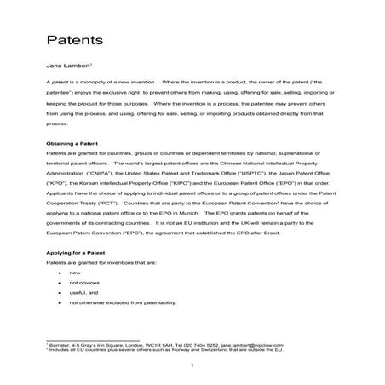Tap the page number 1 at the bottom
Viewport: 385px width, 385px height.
pyautogui.click(x=193, y=365)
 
